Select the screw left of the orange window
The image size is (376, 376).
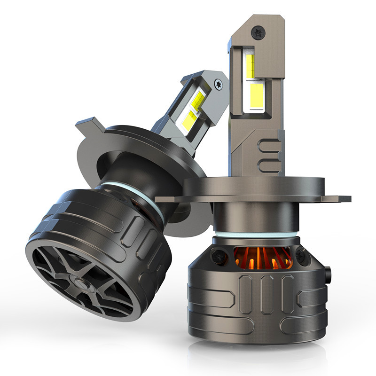[x=217, y=256]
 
